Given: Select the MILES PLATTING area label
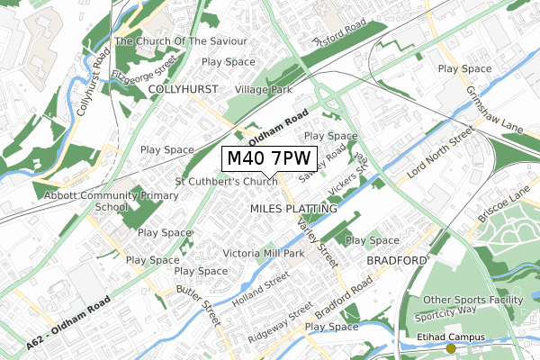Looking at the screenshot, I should pyautogui.click(x=293, y=209).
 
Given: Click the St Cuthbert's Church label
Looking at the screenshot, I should pyautogui.click(x=227, y=183).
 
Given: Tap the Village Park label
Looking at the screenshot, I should pyautogui.click(x=264, y=90).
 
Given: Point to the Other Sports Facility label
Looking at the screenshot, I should pyautogui.click(x=472, y=300).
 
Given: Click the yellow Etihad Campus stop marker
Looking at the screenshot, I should pyautogui.click(x=426, y=348).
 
